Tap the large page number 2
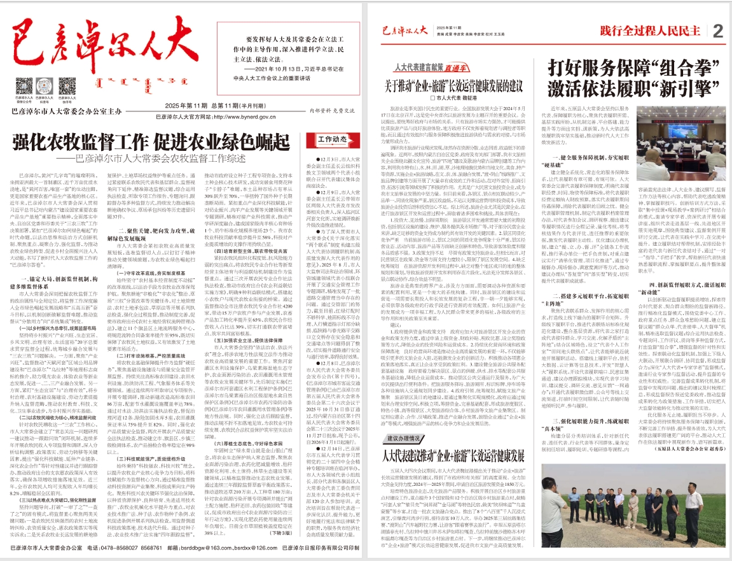coord(718,31)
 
